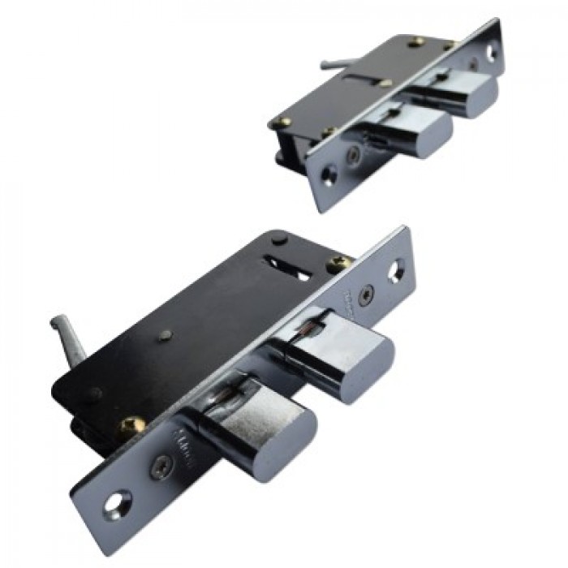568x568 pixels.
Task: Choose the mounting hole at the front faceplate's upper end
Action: point(398,270)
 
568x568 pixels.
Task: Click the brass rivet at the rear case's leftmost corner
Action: point(284,123)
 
